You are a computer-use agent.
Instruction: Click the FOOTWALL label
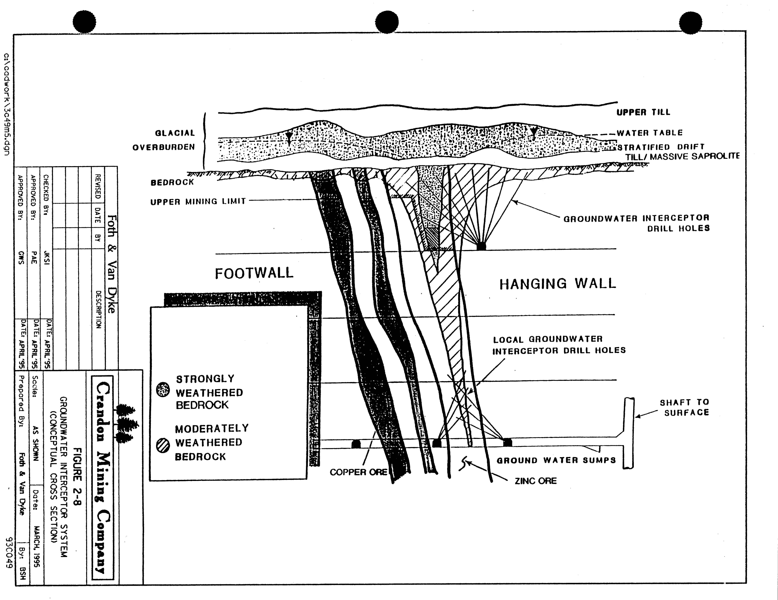coord(254,273)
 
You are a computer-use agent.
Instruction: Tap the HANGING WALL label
coord(557,284)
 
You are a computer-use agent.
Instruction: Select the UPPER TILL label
coord(643,112)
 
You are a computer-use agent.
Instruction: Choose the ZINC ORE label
coord(535,481)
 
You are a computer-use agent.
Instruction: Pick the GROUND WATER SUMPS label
coord(556,460)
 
